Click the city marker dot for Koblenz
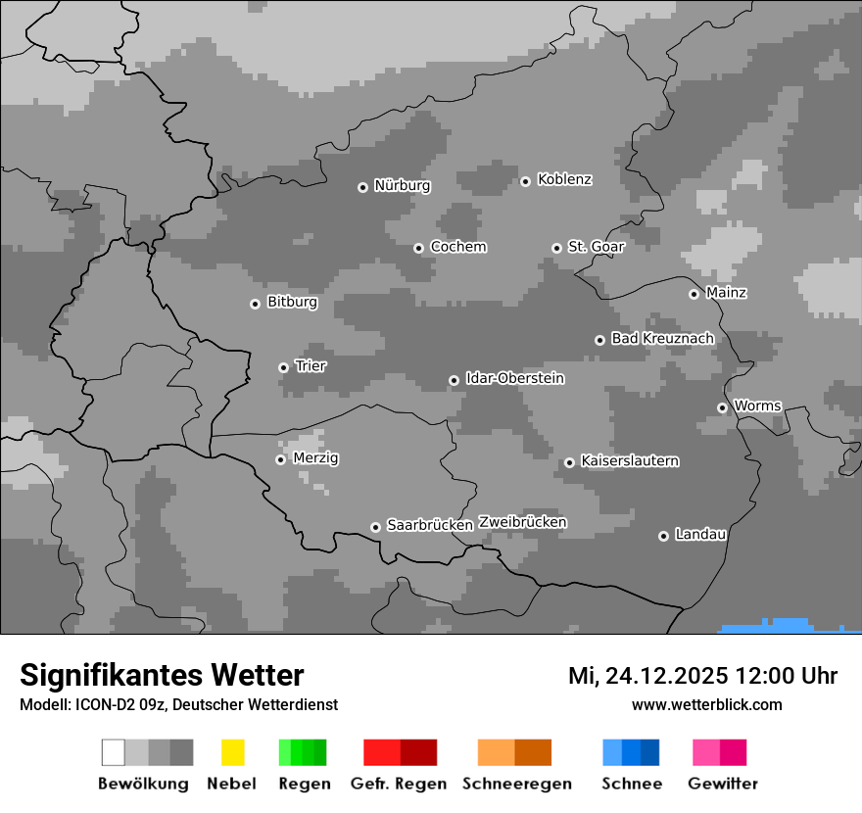tap(525, 181)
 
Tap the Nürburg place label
tap(402, 185)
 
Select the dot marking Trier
tap(283, 367)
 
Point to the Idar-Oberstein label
tap(514, 378)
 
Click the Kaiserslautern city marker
tap(569, 462)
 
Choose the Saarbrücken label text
tap(429, 525)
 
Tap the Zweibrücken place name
tap(522, 522)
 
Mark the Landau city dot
tap(663, 536)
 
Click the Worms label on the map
tap(757, 406)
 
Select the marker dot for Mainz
tap(694, 294)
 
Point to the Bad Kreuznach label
tap(662, 338)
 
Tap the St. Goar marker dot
tap(556, 248)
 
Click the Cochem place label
tap(457, 247)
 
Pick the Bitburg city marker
tap(255, 304)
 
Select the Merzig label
tap(315, 457)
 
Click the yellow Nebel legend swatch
tap(232, 752)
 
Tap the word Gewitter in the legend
tap(722, 784)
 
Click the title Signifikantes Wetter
tap(162, 675)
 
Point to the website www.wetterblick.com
tap(706, 704)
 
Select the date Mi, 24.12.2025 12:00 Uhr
tap(702, 676)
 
